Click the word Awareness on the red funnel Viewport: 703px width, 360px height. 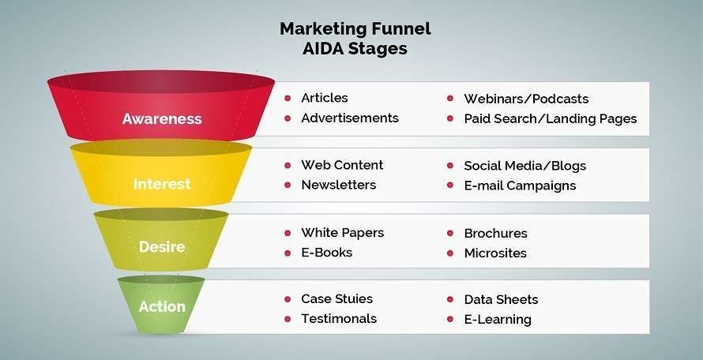162,118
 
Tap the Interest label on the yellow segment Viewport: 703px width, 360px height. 162,184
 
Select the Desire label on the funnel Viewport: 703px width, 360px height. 162,246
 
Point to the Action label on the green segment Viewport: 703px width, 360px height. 162,306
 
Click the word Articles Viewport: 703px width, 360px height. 325,98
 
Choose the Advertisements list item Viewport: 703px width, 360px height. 350,118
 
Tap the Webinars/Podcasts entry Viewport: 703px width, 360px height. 526,99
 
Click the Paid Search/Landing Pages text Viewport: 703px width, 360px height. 551,118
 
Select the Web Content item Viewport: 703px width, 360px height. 342,165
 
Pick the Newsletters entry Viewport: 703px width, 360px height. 339,185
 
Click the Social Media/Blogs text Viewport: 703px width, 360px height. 525,166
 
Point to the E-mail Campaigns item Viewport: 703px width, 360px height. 520,186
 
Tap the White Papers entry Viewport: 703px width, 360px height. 343,233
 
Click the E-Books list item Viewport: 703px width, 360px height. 327,253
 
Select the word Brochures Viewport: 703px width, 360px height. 495,234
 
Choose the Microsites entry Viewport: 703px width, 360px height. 495,253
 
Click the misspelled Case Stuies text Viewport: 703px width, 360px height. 337,299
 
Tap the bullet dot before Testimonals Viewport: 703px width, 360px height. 288,319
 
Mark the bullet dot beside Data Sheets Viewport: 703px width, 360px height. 450,299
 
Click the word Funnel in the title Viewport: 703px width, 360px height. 399,28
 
